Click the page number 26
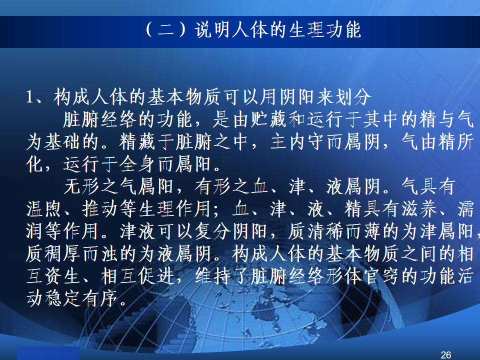click(x=445, y=355)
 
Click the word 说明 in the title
click(x=212, y=30)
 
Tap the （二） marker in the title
click(x=166, y=30)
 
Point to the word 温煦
click(x=44, y=209)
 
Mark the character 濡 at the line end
click(x=465, y=209)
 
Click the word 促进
click(x=155, y=276)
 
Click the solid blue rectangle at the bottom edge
click(x=48, y=353)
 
